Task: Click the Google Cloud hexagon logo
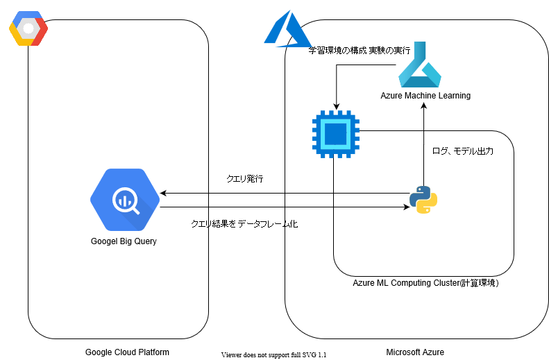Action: point(28,28)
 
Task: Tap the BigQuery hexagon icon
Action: point(125,200)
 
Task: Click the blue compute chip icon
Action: point(335,132)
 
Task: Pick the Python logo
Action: point(423,200)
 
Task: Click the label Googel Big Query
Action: point(124,241)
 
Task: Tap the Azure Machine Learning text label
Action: point(425,96)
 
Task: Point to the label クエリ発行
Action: point(245,179)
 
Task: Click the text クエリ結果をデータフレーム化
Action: point(244,224)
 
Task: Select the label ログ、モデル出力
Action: point(463,151)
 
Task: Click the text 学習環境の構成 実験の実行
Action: point(360,51)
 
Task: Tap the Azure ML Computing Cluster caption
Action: point(425,282)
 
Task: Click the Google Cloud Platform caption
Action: point(127,352)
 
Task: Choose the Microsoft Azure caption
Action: point(415,352)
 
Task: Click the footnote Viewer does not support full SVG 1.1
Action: point(273,354)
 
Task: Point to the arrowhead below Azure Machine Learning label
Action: point(423,106)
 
